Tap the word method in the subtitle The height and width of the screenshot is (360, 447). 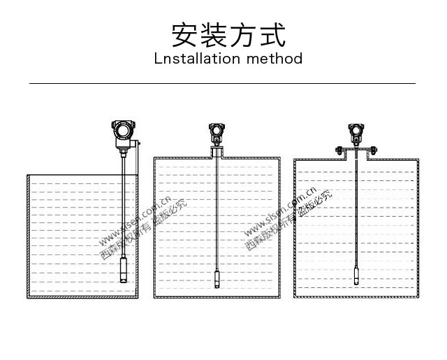click(x=274, y=58)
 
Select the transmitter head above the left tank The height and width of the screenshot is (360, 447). click(x=123, y=130)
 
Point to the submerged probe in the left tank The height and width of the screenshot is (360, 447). click(x=124, y=269)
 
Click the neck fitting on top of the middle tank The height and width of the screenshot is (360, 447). click(x=217, y=152)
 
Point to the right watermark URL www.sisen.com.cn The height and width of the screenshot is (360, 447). click(x=280, y=213)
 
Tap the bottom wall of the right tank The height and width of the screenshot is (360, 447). click(x=357, y=296)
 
